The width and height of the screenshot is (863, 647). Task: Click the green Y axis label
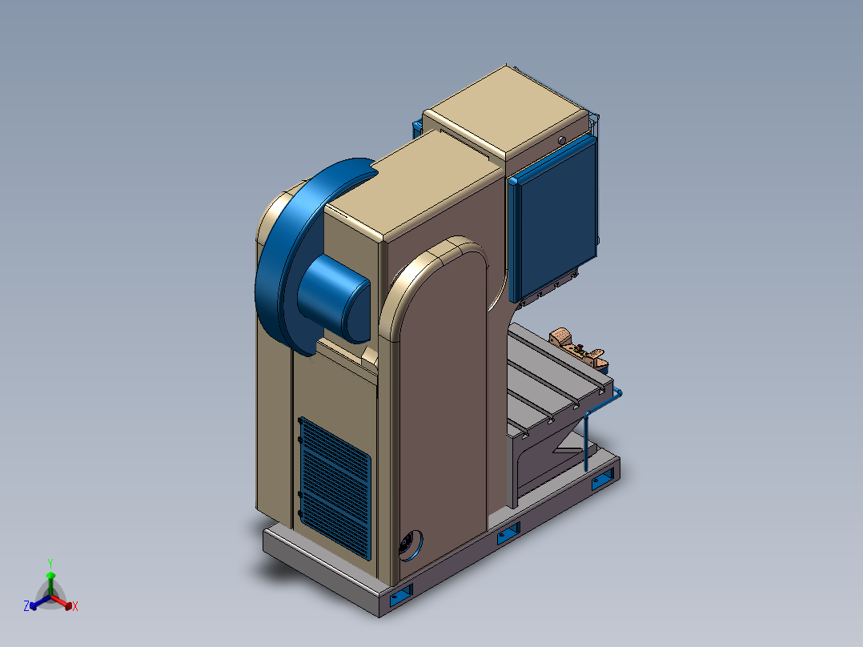50,563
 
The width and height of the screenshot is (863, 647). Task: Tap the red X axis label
75,606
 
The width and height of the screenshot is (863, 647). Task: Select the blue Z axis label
26,605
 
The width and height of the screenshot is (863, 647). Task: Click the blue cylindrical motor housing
334,299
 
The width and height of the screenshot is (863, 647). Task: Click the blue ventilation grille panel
335,488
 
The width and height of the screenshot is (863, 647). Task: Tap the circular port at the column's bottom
411,545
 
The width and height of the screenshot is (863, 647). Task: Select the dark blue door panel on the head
553,219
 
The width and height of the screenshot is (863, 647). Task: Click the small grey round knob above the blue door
561,140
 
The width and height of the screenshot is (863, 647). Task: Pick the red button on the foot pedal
580,347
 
